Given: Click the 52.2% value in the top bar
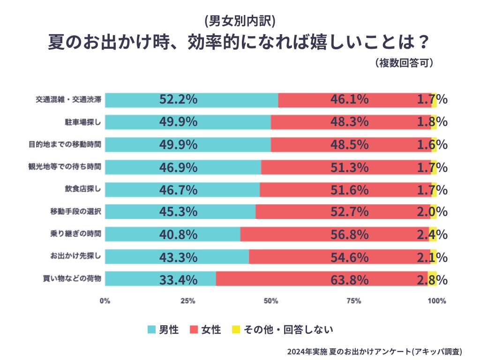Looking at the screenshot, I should point(178,99).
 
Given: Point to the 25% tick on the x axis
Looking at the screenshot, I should point(188,301).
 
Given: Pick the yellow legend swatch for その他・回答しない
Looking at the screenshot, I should point(236,330).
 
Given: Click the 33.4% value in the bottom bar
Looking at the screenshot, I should point(178,280).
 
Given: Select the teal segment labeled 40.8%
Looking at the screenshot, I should point(178,234).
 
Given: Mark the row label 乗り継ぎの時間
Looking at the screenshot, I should point(75,234).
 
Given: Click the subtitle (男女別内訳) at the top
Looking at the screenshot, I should point(240,21).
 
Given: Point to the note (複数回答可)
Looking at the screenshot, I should point(404,63).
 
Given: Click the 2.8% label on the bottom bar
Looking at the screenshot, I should point(432,280).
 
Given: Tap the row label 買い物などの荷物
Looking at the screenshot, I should point(72,279).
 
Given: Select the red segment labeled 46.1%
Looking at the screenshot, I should point(349,99).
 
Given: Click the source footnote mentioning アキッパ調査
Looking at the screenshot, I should point(375,351).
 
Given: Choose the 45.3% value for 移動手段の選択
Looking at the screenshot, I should point(178,212).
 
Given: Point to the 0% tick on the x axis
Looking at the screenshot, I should point(105,301).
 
